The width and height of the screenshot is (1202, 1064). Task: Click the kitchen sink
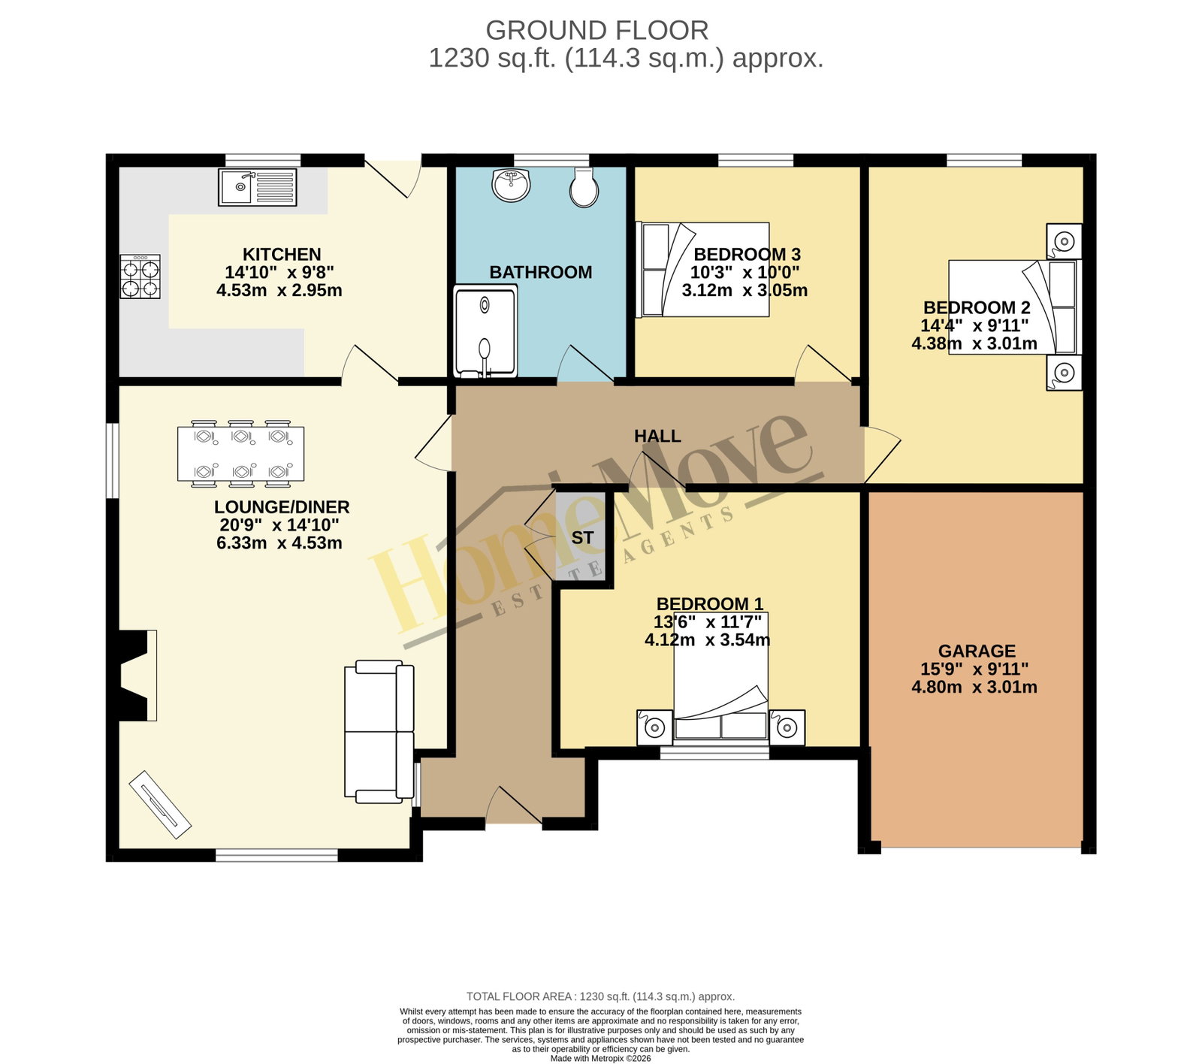258,187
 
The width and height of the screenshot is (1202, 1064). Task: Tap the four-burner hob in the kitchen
140,277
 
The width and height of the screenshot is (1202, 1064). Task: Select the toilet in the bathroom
584,186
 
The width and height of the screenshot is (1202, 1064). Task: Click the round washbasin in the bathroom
512,185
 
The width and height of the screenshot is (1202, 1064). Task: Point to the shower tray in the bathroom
485,331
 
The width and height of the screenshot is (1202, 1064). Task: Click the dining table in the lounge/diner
241,454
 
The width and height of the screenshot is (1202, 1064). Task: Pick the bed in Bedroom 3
702,269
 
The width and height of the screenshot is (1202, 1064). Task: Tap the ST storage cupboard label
582,538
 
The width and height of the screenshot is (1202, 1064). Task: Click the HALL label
657,436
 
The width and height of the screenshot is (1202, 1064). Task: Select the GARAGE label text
977,651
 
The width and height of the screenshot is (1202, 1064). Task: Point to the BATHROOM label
541,272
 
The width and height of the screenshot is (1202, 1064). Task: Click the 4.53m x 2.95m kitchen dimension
279,290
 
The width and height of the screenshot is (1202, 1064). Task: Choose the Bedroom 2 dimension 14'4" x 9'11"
974,325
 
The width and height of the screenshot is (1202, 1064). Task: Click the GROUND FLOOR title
597,30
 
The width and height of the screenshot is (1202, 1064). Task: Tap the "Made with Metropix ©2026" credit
601,1058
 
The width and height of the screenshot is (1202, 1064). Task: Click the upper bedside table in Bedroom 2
1064,241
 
